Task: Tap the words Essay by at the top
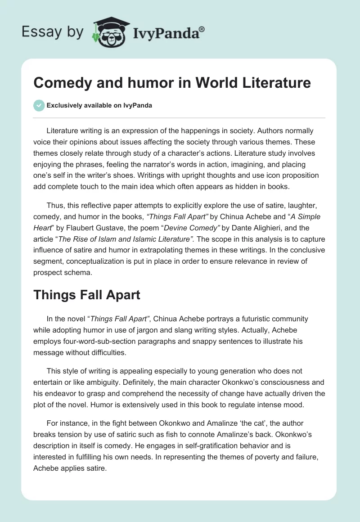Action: (52, 32)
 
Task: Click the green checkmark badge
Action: (39, 105)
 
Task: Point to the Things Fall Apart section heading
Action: (86, 295)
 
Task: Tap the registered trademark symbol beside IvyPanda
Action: (202, 29)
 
